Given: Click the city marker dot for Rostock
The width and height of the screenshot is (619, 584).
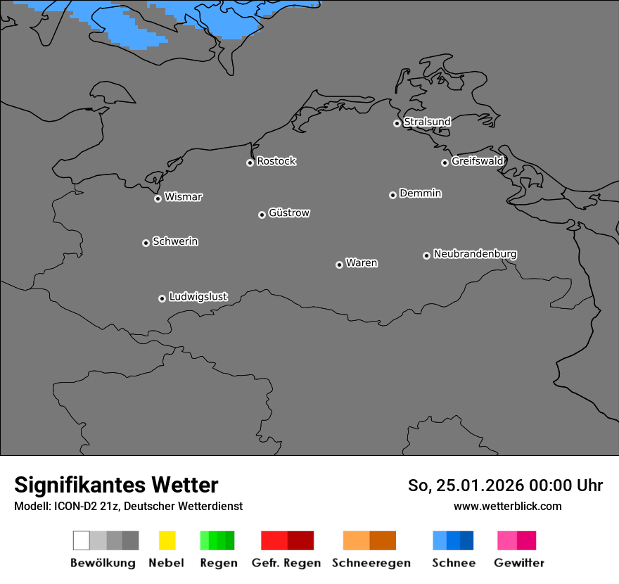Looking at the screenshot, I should pyautogui.click(x=250, y=163).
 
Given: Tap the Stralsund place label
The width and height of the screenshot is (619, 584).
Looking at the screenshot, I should pyautogui.click(x=427, y=122).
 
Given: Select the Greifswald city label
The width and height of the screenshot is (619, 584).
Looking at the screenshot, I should pyautogui.click(x=477, y=161).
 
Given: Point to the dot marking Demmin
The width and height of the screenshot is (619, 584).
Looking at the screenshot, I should pyautogui.click(x=393, y=195).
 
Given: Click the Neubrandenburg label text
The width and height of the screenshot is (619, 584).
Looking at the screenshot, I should pyautogui.click(x=475, y=254).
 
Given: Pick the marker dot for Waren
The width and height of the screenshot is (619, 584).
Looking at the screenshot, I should pyautogui.click(x=339, y=265).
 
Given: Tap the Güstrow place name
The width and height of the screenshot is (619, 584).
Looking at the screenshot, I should pyautogui.click(x=288, y=213).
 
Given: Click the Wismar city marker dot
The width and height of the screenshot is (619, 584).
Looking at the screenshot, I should pyautogui.click(x=158, y=198).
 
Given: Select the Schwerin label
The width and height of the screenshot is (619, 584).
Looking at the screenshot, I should pyautogui.click(x=175, y=241).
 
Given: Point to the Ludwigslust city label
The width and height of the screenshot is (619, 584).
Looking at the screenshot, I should pyautogui.click(x=198, y=297).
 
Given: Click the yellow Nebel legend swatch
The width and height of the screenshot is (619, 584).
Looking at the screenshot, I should pyautogui.click(x=167, y=540).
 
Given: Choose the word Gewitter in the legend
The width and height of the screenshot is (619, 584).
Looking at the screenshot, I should pyautogui.click(x=518, y=563).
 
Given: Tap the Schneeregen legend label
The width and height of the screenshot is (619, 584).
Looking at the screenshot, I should pyautogui.click(x=371, y=563).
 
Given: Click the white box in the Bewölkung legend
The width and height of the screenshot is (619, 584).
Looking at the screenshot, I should pyautogui.click(x=81, y=540).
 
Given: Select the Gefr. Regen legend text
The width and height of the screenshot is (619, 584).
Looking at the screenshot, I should pyautogui.click(x=286, y=563).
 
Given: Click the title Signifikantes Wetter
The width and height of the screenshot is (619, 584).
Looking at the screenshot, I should pyautogui.click(x=116, y=485).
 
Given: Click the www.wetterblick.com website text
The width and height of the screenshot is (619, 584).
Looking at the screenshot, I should pyautogui.click(x=507, y=506).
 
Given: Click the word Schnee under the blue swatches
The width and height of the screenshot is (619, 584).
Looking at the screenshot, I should pyautogui.click(x=453, y=563).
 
